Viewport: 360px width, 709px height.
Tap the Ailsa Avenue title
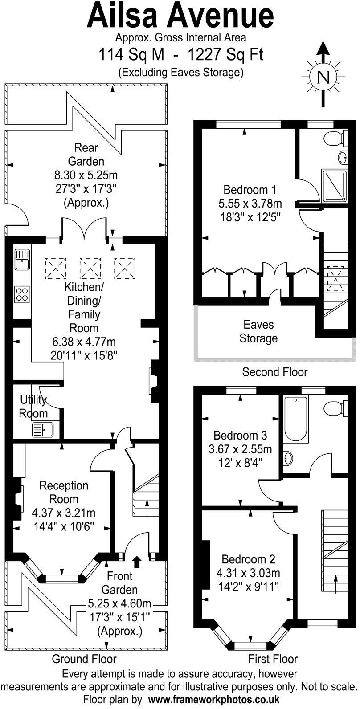(180, 16)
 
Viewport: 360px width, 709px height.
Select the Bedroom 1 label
(250, 190)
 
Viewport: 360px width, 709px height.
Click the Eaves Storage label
(258, 331)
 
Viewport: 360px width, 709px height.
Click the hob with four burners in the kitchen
(21, 293)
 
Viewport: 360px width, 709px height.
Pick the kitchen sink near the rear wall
(21, 260)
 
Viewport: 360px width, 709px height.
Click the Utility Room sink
(43, 429)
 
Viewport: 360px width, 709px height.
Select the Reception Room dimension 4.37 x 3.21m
(64, 513)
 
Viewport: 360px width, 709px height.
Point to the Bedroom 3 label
(240, 435)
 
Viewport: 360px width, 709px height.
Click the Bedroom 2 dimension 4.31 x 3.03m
(248, 573)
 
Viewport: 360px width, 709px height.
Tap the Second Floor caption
(275, 372)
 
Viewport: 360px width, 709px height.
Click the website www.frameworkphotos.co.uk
(214, 699)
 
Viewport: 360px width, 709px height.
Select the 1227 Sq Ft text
(225, 55)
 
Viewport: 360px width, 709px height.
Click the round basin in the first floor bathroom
(288, 458)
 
